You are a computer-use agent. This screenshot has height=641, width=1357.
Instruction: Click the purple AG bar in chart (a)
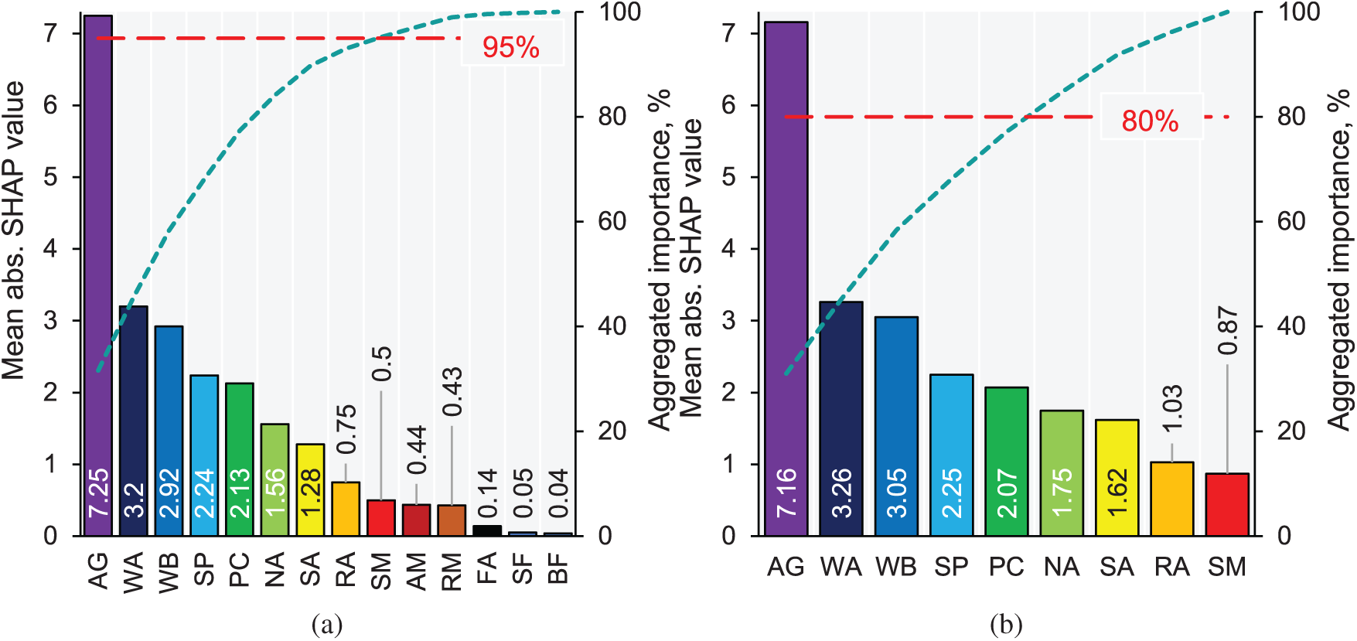98,271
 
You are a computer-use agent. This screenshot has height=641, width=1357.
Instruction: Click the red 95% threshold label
510,48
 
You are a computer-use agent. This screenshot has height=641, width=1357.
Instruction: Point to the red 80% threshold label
1150,121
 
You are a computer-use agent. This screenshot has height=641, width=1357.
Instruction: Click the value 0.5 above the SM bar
381,363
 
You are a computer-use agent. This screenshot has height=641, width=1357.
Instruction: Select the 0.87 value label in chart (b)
1228,330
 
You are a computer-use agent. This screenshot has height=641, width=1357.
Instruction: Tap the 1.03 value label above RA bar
1172,408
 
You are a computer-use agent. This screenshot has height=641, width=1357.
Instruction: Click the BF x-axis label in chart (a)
558,569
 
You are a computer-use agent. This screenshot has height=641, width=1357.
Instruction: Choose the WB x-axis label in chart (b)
895,568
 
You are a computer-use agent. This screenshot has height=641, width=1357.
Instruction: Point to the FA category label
487,569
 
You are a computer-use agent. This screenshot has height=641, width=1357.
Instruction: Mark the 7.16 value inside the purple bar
786,493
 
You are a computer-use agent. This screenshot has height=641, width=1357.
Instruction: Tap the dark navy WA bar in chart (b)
840,418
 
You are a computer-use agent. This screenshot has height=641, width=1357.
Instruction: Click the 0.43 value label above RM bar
452,391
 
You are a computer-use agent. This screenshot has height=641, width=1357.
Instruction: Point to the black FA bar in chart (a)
487,530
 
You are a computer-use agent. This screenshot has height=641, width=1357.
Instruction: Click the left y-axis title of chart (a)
14,230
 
